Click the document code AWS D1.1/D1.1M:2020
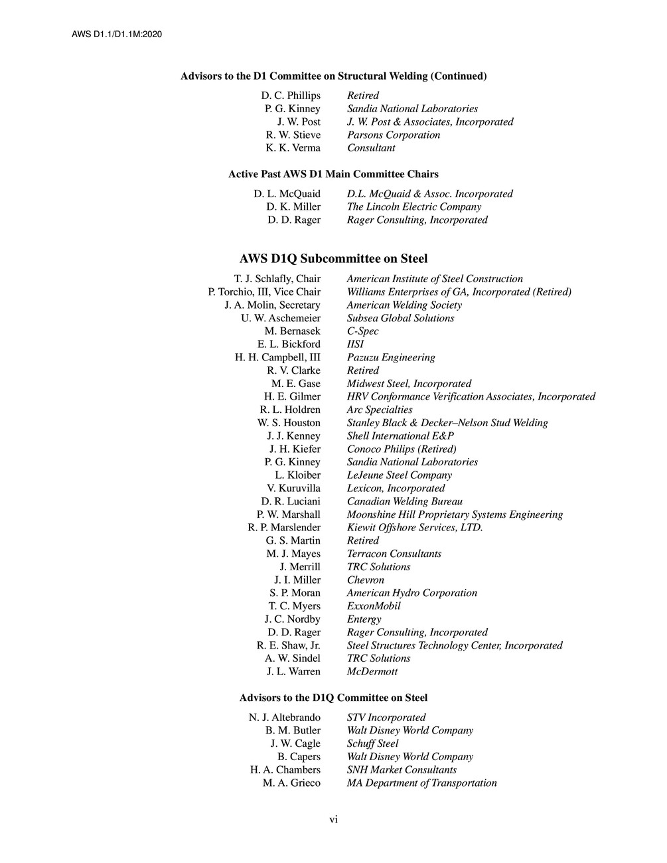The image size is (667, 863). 117,34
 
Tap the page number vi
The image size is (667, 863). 334,820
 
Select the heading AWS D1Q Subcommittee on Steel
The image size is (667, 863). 333,259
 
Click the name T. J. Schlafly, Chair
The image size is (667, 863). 277,279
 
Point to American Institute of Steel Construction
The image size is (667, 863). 435,279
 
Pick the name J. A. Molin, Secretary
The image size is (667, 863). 272,305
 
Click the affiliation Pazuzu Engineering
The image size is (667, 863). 391,357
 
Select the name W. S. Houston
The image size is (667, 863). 289,423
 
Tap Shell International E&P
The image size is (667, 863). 400,436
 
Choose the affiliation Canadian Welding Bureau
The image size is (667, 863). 405,501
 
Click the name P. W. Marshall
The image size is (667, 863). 289,514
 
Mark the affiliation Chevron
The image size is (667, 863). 365,580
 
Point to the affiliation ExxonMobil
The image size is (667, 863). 374,606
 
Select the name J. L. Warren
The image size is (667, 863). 293,671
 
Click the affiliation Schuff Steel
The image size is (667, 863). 372,744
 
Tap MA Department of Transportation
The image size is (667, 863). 421,783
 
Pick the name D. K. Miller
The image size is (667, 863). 293,206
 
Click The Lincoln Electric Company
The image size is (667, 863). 414,206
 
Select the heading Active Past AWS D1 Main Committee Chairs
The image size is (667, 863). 333,174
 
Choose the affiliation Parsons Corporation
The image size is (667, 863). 394,135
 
